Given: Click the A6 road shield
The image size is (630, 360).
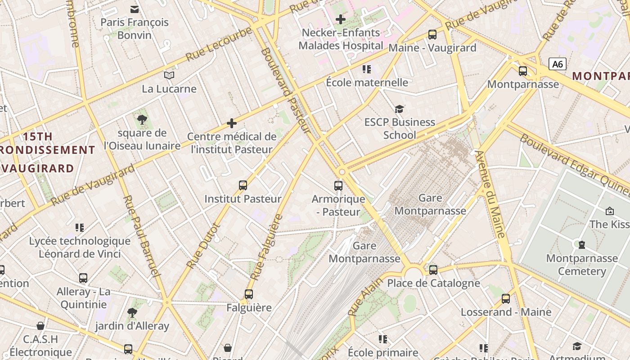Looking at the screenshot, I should point(557,64).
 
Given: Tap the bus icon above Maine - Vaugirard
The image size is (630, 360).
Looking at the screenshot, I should point(432,34).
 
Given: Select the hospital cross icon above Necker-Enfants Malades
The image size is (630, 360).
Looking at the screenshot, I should point(341,19).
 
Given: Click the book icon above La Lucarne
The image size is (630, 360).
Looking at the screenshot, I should point(169,75).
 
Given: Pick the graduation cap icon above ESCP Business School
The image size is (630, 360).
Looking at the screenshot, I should point(399,109).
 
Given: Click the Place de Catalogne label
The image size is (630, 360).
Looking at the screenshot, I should point(433,283).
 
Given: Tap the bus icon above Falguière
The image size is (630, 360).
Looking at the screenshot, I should point(249,294).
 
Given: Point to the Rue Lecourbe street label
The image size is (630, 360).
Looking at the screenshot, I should point(219,44).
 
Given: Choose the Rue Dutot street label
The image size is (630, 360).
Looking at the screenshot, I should point(203,247).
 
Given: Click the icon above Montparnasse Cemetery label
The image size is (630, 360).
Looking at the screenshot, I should point(581,245).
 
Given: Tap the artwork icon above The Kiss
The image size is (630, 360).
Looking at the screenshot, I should point(610,211).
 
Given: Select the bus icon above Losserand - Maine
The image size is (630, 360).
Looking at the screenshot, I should point(506,298).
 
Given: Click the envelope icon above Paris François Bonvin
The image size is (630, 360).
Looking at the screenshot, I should point(134,9).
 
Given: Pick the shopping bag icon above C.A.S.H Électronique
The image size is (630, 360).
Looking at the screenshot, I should point(40,326).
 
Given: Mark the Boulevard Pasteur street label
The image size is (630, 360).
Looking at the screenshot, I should point(285,90).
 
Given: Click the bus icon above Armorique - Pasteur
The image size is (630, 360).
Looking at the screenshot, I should point(338,185).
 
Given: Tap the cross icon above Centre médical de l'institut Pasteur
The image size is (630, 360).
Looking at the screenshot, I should point(232,123).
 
